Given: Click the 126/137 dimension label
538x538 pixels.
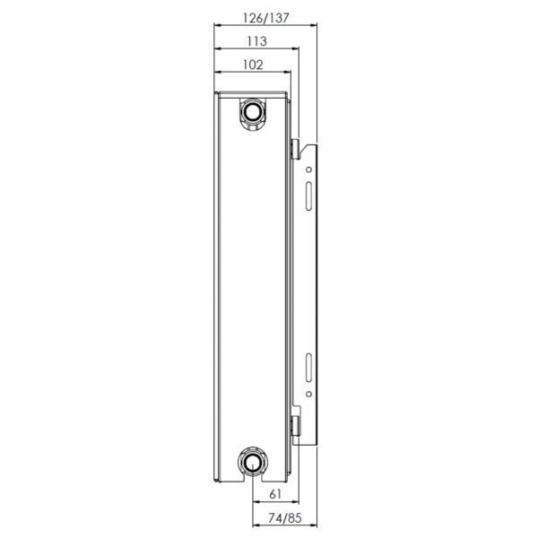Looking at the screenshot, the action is tap(266, 18).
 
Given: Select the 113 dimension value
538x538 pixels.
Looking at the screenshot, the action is tap(257, 41).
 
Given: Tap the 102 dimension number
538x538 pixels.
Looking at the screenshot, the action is tap(253, 65).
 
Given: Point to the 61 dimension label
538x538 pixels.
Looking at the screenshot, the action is tap(275, 494).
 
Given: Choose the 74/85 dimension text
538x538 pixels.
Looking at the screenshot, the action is tap(285, 517).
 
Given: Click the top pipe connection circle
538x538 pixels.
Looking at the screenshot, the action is tap(253, 111).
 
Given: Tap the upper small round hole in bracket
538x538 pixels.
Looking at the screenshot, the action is tap(308, 169).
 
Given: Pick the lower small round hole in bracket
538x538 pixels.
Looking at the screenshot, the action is tap(308, 395).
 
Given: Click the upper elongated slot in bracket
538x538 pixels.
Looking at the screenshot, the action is tap(308, 195).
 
